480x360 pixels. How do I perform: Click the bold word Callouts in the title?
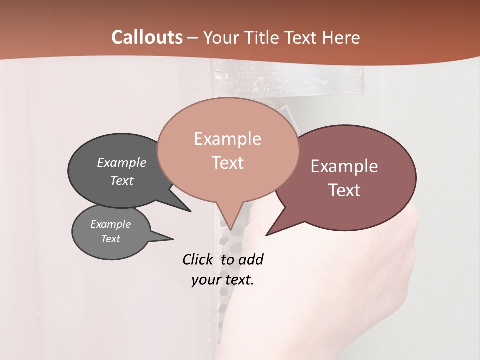click(147, 37)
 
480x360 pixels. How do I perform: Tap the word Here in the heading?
click(342, 37)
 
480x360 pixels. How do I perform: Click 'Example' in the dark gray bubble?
click(122, 162)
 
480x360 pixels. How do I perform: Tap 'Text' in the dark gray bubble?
click(122, 180)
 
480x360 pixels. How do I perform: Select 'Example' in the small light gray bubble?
click(111, 224)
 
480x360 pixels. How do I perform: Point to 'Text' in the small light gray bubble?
click(111, 239)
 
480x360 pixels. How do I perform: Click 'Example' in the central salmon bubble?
click(227, 139)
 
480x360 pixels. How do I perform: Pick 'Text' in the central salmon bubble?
click(227, 163)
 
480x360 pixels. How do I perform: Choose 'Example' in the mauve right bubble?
click(344, 166)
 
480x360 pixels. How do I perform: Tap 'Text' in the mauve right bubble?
click(344, 190)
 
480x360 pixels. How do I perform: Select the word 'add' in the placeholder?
click(251, 259)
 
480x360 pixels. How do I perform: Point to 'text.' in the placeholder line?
click(238, 280)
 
